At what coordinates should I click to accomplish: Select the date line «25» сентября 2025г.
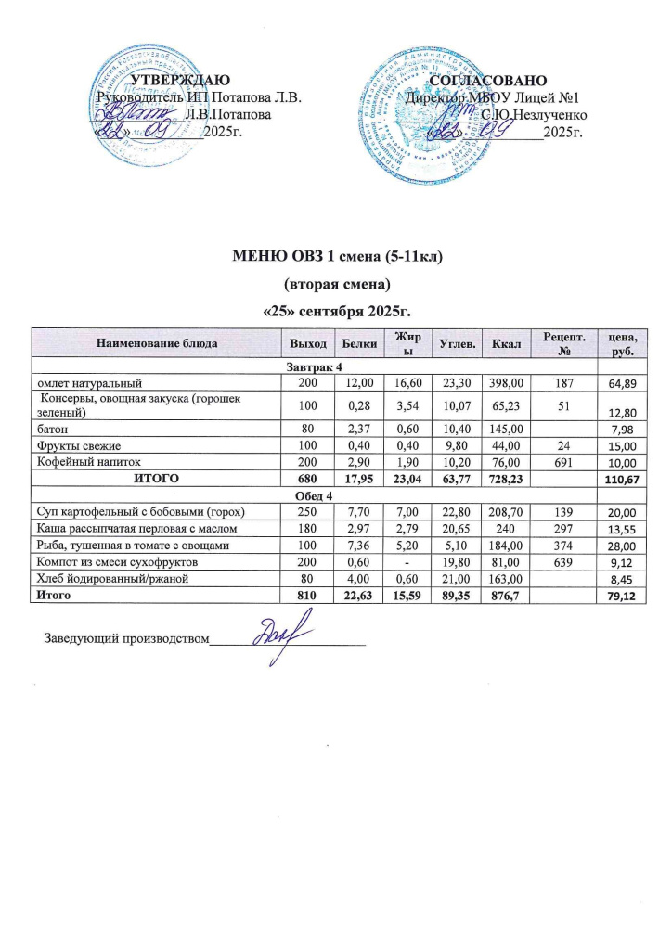click(x=336, y=307)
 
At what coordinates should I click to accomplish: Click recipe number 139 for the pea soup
click(x=562, y=511)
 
